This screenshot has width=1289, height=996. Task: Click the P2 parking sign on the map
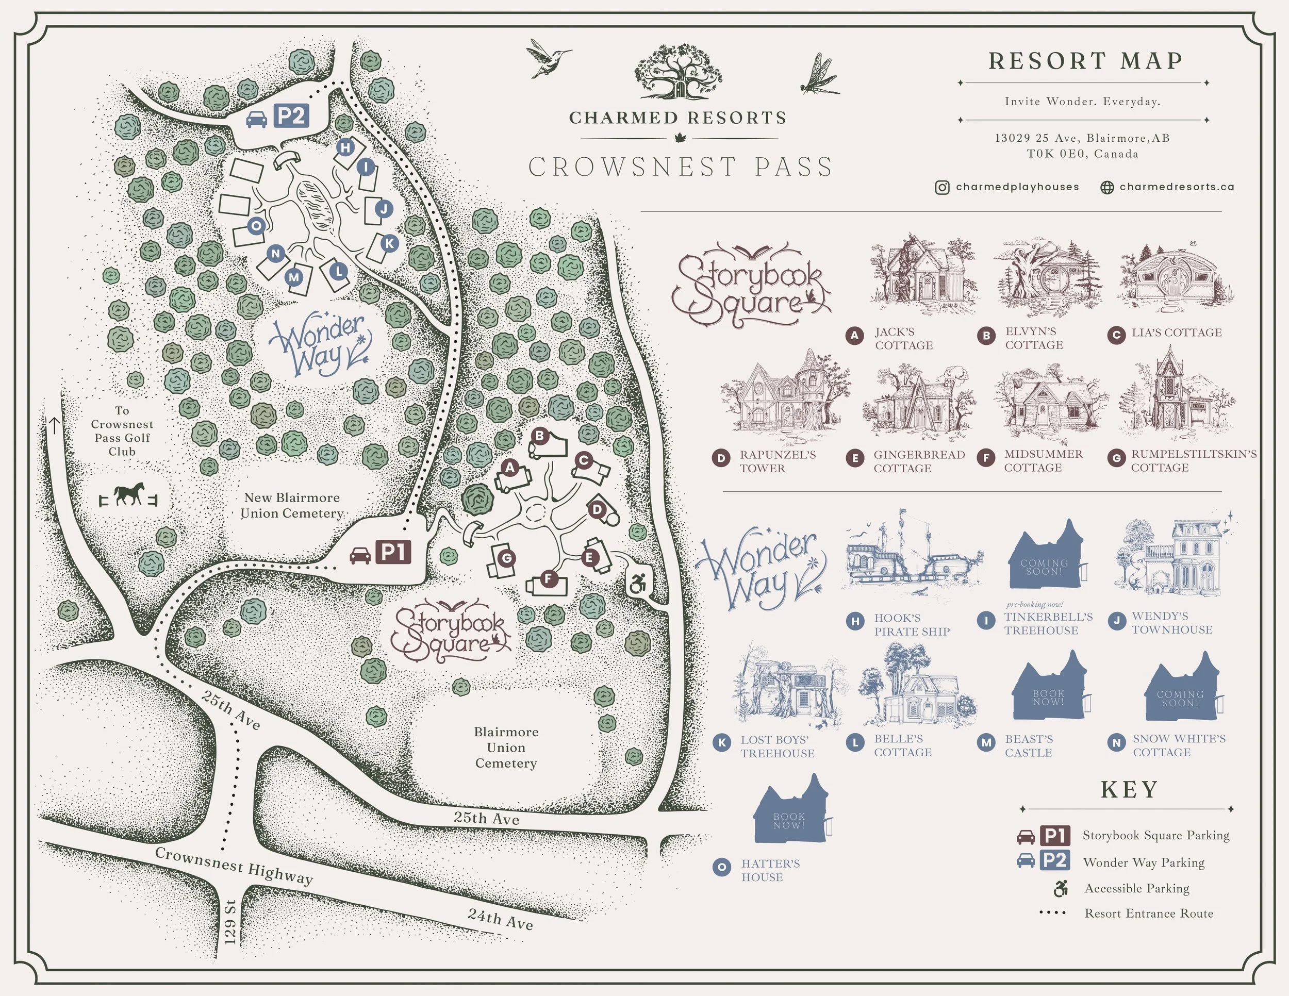pyautogui.click(x=291, y=115)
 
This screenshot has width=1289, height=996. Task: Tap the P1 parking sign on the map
pyautogui.click(x=393, y=552)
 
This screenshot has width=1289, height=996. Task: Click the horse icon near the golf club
pyautogui.click(x=129, y=494)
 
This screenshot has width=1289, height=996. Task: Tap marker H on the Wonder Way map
pyautogui.click(x=345, y=147)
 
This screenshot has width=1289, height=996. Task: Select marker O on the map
pyautogui.click(x=256, y=225)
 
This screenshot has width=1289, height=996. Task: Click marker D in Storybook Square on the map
pyautogui.click(x=597, y=509)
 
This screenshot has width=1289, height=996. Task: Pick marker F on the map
pyautogui.click(x=548, y=579)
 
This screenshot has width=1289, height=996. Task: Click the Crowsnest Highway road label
pyautogui.click(x=234, y=866)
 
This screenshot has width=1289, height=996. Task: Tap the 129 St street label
pyautogui.click(x=231, y=922)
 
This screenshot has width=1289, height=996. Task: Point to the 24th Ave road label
pyautogui.click(x=501, y=919)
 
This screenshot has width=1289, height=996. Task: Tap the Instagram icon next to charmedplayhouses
pyautogui.click(x=942, y=188)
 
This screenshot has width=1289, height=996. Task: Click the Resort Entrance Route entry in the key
pyautogui.click(x=1148, y=914)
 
